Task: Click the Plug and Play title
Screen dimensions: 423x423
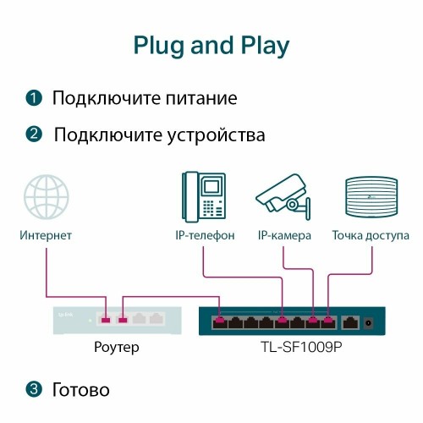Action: tap(211, 45)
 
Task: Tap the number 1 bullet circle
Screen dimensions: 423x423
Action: tap(33, 98)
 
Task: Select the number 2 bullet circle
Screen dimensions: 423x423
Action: tap(33, 135)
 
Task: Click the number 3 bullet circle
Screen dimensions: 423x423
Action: tap(33, 390)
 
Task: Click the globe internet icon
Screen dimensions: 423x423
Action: tap(46, 197)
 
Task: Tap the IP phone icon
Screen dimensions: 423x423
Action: tap(204, 195)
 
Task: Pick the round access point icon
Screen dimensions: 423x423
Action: tap(371, 197)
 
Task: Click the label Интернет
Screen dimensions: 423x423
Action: tap(46, 234)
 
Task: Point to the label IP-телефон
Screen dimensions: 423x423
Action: tap(204, 234)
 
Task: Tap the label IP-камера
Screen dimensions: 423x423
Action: tap(284, 234)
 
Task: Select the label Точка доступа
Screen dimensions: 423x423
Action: tap(371, 234)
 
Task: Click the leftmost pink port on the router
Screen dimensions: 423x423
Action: tap(104, 320)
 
